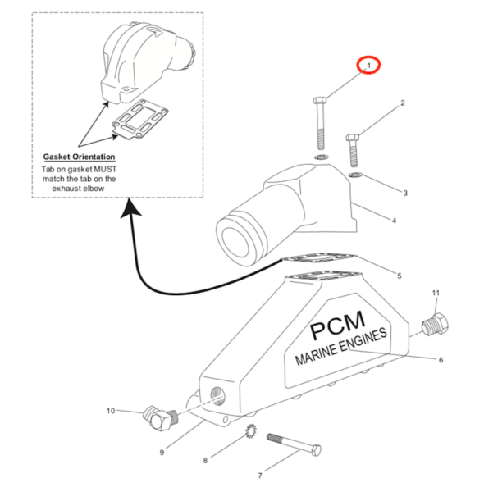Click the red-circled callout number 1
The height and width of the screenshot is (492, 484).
click(369, 66)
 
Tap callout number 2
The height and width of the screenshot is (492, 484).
click(403, 103)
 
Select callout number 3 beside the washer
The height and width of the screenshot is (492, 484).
click(405, 193)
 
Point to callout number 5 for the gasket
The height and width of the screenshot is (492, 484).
click(400, 276)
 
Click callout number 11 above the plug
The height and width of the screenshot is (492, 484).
click(436, 293)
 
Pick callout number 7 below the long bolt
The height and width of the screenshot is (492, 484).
click(260, 476)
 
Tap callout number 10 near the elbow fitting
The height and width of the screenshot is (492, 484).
click(111, 411)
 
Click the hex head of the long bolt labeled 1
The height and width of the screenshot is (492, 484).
click(320, 100)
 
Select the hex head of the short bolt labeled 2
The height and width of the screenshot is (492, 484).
click(353, 138)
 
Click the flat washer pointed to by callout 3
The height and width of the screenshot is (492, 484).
click(355, 175)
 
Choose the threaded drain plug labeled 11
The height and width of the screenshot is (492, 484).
click(435, 325)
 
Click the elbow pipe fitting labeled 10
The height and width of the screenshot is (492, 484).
click(160, 418)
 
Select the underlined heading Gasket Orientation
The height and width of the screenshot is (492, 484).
click(79, 157)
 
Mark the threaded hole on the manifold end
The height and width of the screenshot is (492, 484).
click(217, 396)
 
